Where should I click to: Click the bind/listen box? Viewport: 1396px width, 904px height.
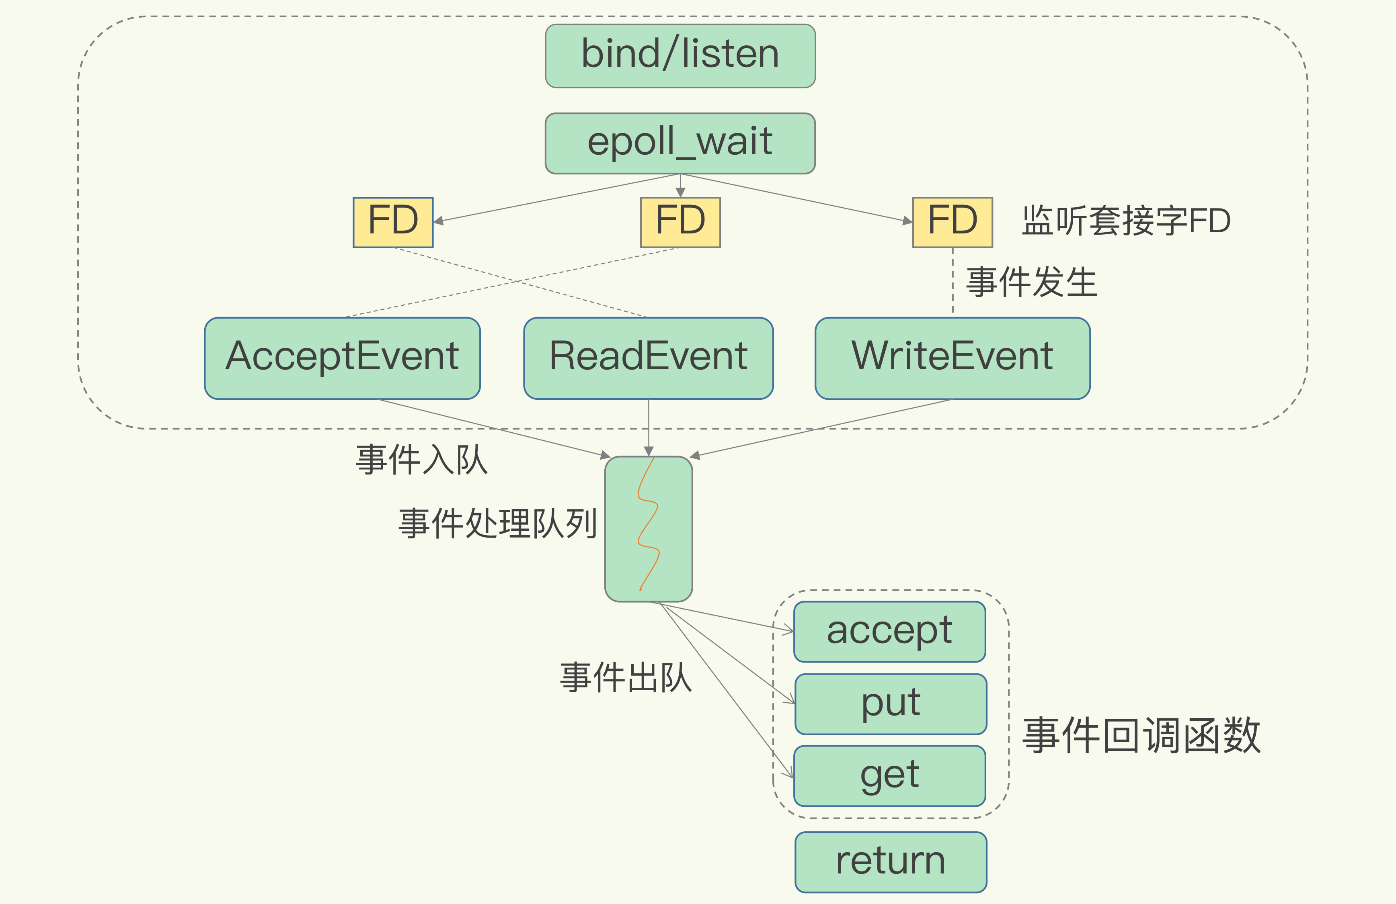680,56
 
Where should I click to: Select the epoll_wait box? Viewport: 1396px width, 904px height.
680,143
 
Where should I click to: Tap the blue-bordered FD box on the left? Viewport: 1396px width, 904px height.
393,222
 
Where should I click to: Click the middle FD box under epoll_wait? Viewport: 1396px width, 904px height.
680,222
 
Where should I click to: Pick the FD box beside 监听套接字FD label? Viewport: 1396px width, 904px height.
952,222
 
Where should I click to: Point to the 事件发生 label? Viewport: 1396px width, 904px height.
1032,282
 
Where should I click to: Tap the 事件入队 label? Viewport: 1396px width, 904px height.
421,459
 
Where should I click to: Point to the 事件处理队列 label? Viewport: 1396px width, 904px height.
497,523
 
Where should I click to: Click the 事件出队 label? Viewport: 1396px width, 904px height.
626,678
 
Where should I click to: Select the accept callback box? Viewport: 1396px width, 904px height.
889,631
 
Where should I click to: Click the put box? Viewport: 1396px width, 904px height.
890,704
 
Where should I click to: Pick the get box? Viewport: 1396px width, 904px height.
889,775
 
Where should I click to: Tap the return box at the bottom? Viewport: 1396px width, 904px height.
890,862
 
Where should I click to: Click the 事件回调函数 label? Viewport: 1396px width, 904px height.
1141,735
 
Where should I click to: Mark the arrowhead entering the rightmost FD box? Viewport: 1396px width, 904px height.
907,221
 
